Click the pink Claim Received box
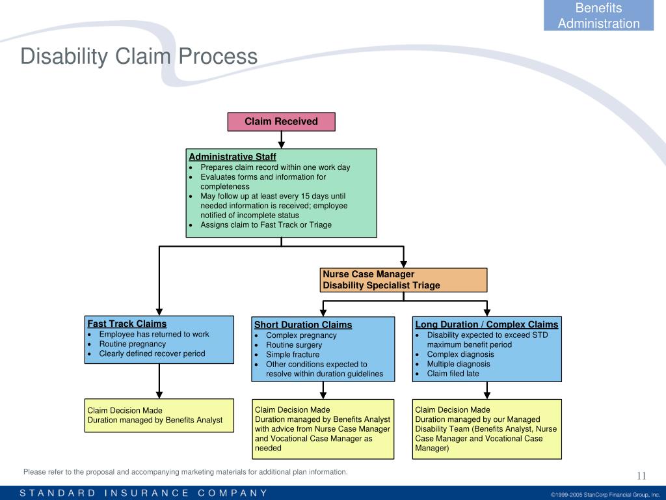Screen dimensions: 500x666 281,122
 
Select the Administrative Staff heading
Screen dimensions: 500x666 232,157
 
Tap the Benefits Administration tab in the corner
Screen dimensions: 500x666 598,16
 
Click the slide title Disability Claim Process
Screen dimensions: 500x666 139,57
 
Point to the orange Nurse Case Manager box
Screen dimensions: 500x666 403,280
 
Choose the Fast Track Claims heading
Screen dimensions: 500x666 127,324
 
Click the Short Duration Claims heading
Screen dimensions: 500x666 302,325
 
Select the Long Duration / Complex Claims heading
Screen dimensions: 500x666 486,325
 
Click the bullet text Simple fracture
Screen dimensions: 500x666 293,355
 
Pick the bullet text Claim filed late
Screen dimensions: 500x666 453,374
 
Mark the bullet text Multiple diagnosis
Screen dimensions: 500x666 458,364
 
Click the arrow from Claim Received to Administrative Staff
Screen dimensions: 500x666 282,139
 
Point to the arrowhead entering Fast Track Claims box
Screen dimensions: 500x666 159,312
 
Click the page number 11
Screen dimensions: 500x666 641,475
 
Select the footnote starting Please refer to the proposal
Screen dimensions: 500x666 185,472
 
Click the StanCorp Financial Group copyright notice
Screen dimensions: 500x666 605,494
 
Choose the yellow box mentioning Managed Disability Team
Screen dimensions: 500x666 486,428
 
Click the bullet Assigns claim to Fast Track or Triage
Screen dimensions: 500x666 265,225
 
